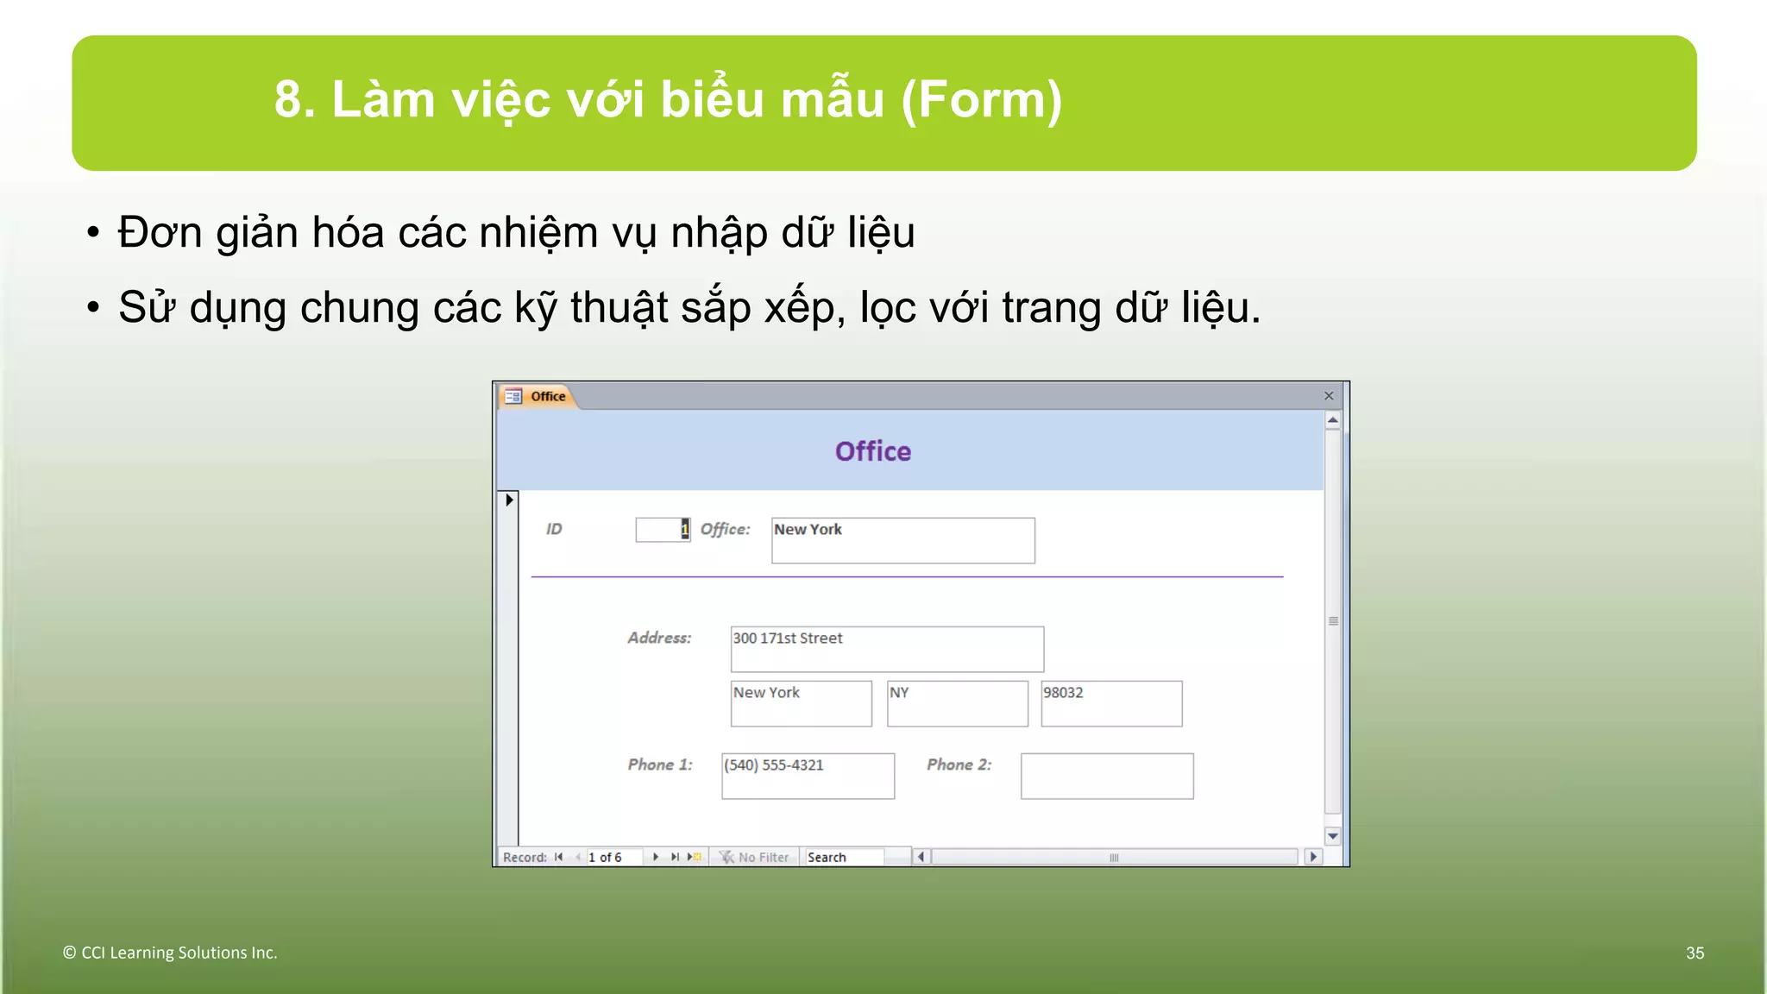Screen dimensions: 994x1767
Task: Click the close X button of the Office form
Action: [x=1329, y=396]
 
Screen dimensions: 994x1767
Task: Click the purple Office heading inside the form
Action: [x=872, y=451]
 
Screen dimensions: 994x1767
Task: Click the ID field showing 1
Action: [x=663, y=530]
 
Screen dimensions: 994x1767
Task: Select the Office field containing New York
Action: [x=902, y=540]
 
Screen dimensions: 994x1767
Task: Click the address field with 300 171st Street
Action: [x=886, y=649]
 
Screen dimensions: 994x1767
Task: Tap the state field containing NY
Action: [x=957, y=703]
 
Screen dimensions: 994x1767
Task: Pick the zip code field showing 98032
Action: [x=1110, y=703]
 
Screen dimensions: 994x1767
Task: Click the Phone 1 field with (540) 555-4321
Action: [x=808, y=776]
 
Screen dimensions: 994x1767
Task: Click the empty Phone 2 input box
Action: [x=1106, y=776]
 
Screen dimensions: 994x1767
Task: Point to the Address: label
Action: [x=659, y=639]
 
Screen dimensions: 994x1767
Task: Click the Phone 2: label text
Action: [x=959, y=764]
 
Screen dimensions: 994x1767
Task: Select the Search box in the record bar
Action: [x=844, y=857]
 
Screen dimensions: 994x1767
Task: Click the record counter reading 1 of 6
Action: [x=613, y=857]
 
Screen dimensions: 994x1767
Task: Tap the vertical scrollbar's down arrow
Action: [x=1332, y=836]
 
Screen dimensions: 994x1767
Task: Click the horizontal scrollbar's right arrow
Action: [x=1313, y=857]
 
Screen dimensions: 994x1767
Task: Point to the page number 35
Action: [x=1695, y=953]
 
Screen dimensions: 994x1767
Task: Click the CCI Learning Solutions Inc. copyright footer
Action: [x=170, y=953]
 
